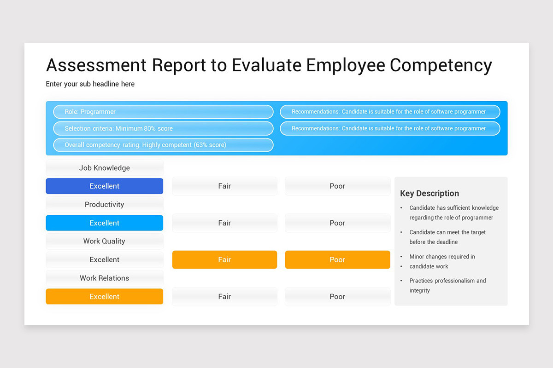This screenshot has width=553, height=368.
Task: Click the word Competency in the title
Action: [x=441, y=65]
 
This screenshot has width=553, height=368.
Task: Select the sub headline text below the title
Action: [x=90, y=84]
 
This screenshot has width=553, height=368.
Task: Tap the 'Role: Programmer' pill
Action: [x=163, y=112]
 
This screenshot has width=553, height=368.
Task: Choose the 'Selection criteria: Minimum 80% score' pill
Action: [x=163, y=128]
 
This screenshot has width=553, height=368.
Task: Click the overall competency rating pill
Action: [x=163, y=145]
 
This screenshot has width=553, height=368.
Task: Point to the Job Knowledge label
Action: [x=105, y=168]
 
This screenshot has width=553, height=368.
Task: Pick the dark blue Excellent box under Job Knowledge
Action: [x=105, y=186]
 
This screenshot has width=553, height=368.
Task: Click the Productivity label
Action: [x=105, y=204]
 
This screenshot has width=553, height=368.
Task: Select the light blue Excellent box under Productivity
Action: [x=105, y=223]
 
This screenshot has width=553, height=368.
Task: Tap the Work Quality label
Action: [x=105, y=241]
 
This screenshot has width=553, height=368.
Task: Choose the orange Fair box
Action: [x=224, y=260]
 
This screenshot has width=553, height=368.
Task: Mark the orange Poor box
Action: [x=337, y=260]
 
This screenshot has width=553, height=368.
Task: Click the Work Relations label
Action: [x=105, y=278]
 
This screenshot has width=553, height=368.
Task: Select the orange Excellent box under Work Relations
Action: [x=105, y=297]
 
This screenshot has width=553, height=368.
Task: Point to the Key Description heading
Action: [x=429, y=194]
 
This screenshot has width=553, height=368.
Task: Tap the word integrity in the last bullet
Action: [x=420, y=290]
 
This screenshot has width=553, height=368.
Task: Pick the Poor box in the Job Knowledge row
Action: [x=337, y=186]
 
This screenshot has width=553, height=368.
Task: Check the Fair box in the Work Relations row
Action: [x=224, y=297]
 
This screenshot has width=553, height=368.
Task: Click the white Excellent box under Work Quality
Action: [x=105, y=260]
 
